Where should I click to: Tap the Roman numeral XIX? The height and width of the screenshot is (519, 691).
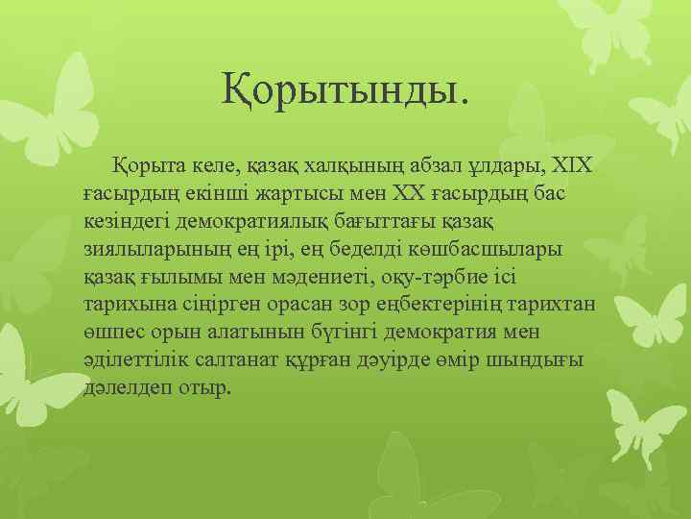coord(574,168)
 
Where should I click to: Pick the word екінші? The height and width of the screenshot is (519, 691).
coord(203,195)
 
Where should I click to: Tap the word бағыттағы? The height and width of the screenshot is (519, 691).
coord(380,222)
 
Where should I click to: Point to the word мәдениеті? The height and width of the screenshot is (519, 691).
coord(332,279)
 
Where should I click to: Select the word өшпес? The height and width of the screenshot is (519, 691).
coord(111,334)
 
